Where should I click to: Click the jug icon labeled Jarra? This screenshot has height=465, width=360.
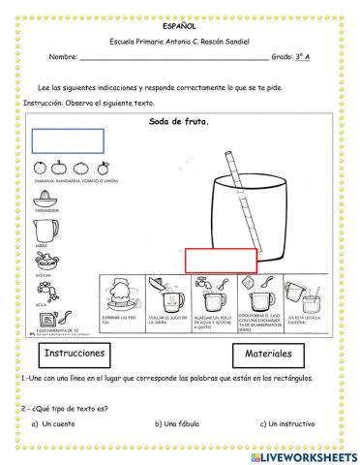point(45,230)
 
